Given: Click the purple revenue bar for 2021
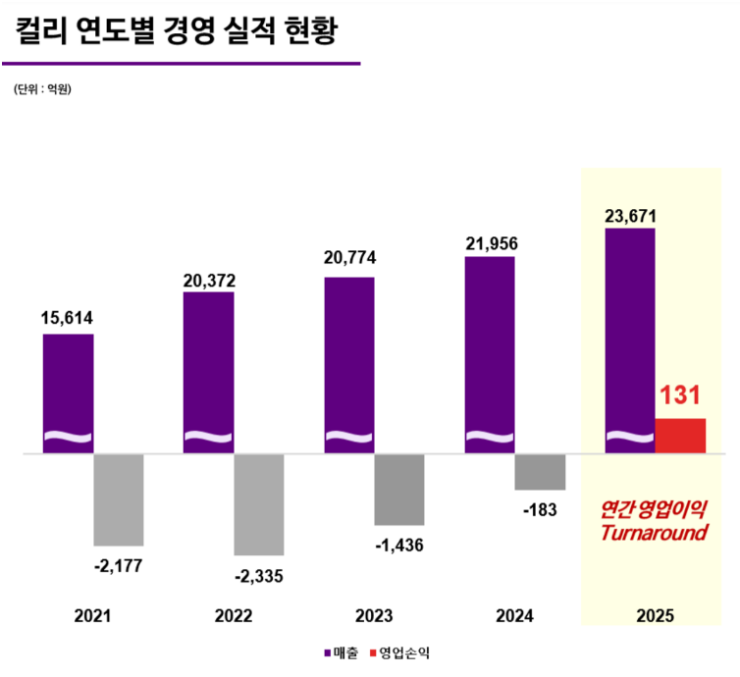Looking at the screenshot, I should tap(68, 392).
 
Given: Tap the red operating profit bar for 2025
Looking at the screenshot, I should tap(680, 436).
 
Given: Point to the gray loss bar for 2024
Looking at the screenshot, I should tap(540, 472).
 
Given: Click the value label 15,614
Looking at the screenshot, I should tap(68, 318).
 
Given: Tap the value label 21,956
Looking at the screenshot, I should tap(491, 243).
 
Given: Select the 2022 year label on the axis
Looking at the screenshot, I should tap(234, 616).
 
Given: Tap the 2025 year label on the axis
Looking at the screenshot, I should tap(656, 616).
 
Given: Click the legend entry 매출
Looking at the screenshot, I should tap(343, 652).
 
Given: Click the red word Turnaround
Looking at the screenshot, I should tap(654, 534).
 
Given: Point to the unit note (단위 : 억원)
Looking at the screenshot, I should tap(43, 89).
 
